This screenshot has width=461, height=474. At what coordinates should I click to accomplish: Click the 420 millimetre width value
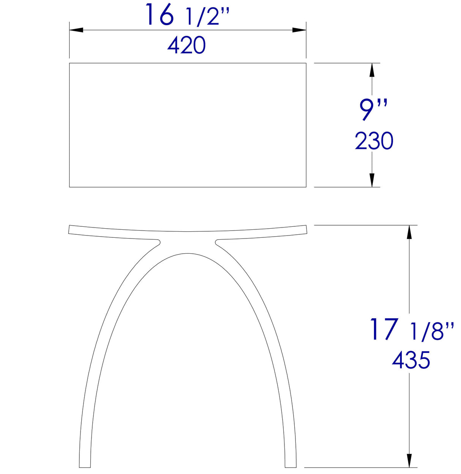(186, 45)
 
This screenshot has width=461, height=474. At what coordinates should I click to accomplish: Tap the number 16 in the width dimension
(159, 16)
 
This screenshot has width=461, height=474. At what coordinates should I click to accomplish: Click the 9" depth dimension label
(373, 109)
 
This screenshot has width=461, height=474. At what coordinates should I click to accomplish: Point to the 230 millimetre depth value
(374, 141)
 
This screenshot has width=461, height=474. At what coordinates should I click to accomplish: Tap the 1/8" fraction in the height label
(432, 331)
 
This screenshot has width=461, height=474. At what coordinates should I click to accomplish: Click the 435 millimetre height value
(411, 360)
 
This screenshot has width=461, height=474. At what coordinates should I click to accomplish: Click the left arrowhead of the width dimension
(76, 30)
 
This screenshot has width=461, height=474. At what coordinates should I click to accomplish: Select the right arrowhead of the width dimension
(299, 30)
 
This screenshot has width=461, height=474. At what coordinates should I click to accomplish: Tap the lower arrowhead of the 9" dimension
(372, 180)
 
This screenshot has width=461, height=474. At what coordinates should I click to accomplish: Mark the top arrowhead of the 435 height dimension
(409, 232)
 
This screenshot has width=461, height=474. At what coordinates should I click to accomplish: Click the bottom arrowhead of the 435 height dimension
(409, 461)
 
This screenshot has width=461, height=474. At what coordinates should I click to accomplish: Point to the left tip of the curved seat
(70, 229)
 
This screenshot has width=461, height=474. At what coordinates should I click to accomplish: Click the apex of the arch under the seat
(187, 253)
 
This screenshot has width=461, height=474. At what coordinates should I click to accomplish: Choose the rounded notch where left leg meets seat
(158, 242)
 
